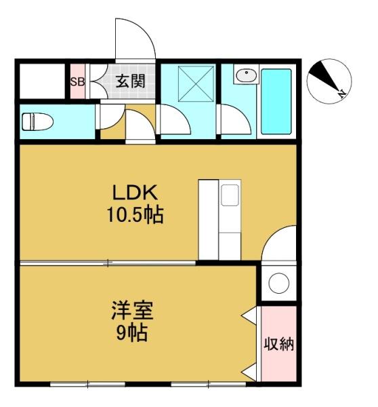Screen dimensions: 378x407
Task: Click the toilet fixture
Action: tap(37, 121)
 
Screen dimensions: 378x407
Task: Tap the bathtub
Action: tap(276, 102)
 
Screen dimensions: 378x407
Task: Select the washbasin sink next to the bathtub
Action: tap(247, 75)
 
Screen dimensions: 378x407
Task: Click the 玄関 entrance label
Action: tap(130, 81)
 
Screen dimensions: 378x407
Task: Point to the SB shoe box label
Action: tap(77, 82)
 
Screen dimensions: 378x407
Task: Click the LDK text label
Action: tap(135, 193)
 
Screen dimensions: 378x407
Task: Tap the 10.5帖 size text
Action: tap(135, 214)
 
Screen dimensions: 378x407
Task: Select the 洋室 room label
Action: tap(132, 310)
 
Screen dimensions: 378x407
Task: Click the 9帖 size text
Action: tap(131, 332)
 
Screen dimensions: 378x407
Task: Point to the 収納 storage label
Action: tap(279, 344)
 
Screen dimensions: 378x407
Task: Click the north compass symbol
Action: tap(329, 81)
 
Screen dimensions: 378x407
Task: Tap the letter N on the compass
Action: tap(343, 94)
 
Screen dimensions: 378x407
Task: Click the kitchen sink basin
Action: tap(230, 195)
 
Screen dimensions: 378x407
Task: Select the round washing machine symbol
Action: tap(279, 283)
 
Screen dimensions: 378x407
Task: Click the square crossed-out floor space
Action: tap(196, 83)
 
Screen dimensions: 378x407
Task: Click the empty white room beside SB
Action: tap(42, 81)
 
